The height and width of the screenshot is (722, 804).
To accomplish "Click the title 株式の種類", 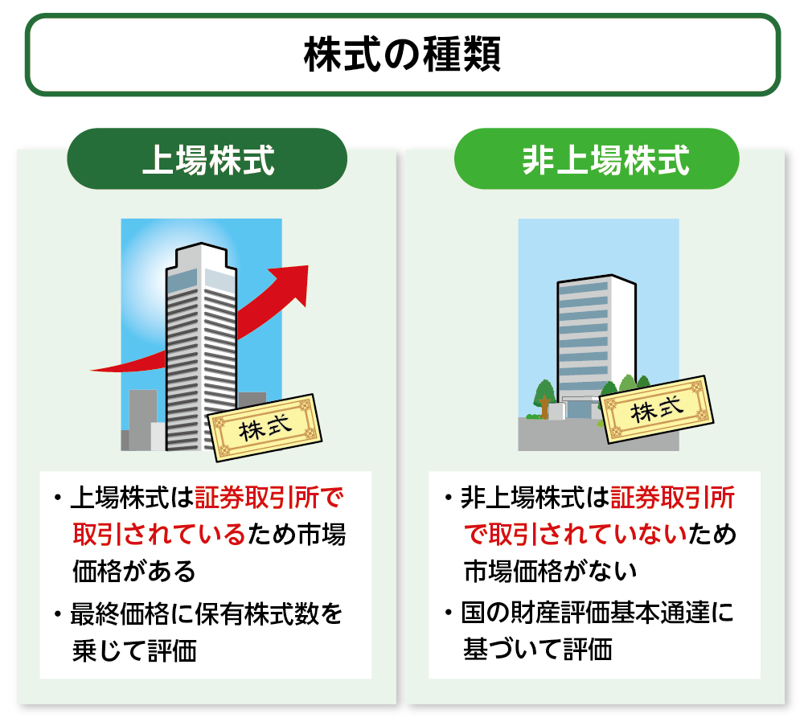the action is tap(403, 55).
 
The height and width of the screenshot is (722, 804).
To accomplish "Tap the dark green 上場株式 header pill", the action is tap(207, 159).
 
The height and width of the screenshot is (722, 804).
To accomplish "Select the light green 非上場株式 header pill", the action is tap(597, 159).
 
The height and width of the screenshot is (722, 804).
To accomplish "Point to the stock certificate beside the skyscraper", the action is tap(265, 428).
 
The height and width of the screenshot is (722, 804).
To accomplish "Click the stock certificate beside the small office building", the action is tap(657, 409).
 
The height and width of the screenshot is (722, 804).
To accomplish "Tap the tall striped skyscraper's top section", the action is tap(201, 261).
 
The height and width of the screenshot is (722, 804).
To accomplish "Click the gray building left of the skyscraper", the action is tap(142, 420).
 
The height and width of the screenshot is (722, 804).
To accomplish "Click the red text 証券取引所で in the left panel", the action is tap(269, 497).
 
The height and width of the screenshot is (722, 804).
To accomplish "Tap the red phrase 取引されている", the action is tap(159, 535).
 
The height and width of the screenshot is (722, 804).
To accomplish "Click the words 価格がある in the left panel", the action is tap(133, 571).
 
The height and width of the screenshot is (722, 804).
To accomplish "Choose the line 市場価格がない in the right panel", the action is tap(550, 571).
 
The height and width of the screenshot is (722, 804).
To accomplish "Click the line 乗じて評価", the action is tap(134, 651).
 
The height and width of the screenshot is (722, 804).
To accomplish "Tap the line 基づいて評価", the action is tap(538, 649).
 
